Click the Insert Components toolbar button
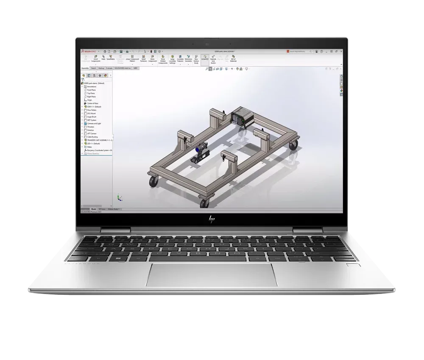tap(96, 59)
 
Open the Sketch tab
tap(93, 68)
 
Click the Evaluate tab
tap(109, 68)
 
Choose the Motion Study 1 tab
tap(114, 209)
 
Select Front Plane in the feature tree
tap(91, 90)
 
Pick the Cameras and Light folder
tap(94, 123)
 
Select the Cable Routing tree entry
tap(92, 137)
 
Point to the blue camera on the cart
tap(198, 150)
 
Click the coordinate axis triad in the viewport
tap(119, 197)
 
